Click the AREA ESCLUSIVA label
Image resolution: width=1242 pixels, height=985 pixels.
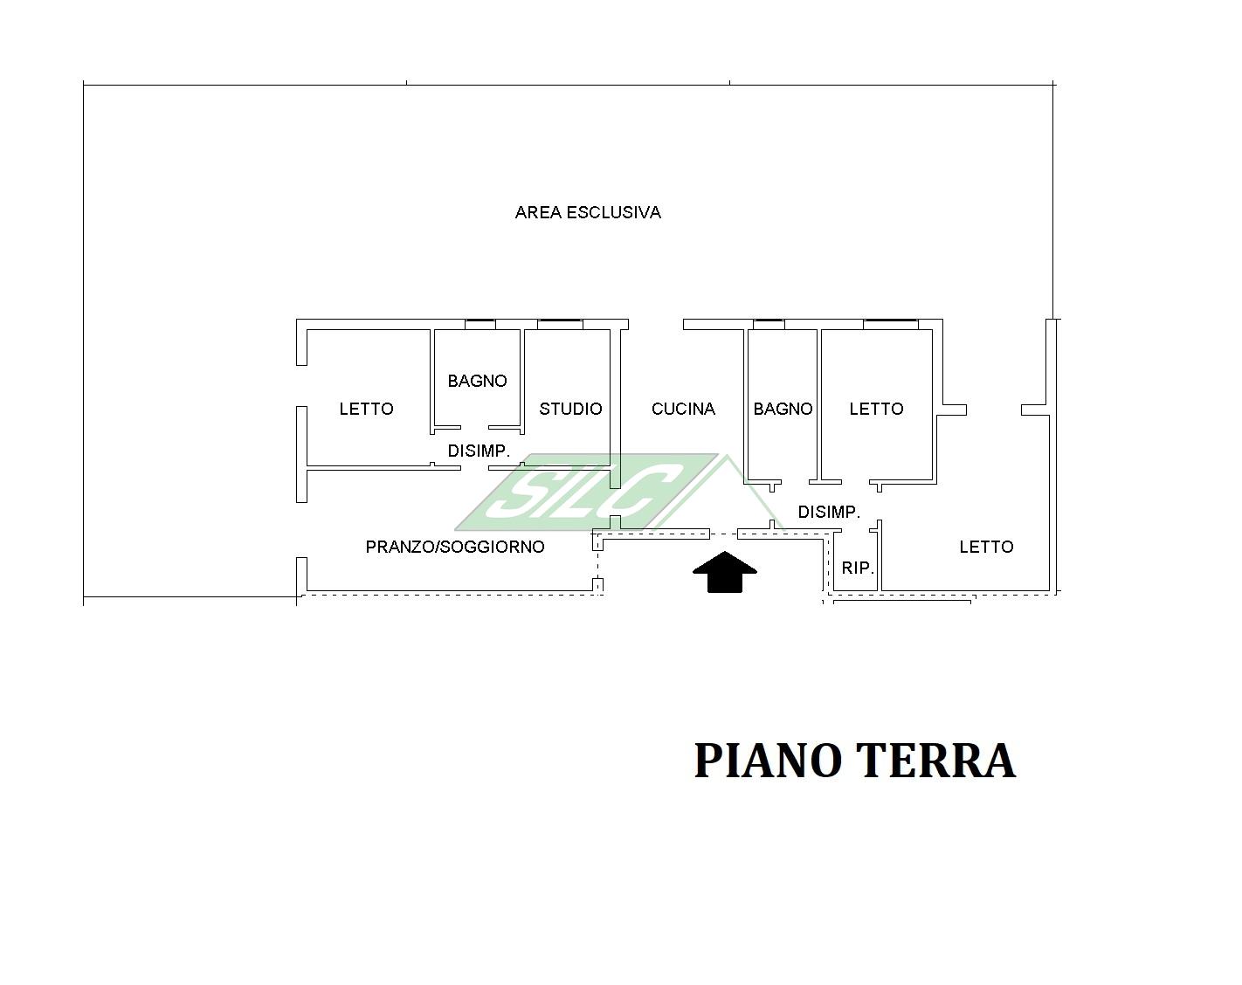tap(588, 213)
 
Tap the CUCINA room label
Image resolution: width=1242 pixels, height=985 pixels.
tap(683, 410)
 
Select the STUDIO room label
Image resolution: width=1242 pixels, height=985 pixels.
tap(571, 410)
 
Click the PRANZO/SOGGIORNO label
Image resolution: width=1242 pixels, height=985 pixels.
tap(455, 547)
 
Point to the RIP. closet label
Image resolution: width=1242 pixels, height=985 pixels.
tap(858, 568)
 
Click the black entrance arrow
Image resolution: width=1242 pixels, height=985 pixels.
tap(725, 571)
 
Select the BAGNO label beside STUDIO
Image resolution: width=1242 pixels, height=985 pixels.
tap(477, 381)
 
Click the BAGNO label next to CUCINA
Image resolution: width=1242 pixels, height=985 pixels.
tap(783, 410)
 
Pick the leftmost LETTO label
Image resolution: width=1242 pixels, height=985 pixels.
tap(367, 410)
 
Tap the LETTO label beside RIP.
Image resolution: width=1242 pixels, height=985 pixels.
tap(986, 547)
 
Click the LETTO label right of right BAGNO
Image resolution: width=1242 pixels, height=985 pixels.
tap(876, 410)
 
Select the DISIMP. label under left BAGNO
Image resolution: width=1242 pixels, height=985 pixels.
tap(479, 451)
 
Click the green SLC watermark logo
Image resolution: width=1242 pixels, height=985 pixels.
tap(589, 492)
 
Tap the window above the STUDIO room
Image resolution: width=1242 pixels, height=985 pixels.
tap(560, 324)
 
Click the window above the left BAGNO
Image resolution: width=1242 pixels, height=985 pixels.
tap(480, 324)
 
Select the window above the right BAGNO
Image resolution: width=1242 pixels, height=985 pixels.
tap(769, 324)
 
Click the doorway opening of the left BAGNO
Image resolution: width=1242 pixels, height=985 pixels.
tap(475, 428)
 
